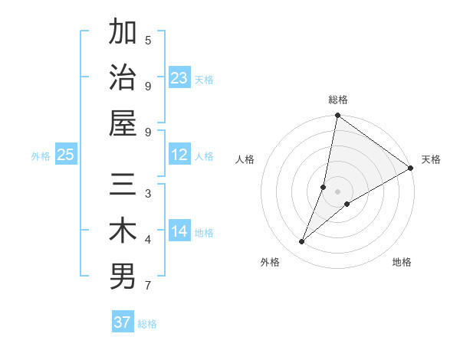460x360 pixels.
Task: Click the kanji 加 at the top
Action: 123,33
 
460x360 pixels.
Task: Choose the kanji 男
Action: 123,276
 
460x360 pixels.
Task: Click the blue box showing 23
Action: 179,78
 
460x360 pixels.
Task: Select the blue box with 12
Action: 179,155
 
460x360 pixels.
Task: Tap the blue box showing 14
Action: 179,232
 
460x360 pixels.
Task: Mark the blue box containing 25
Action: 66,155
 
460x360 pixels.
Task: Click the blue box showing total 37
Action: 123,322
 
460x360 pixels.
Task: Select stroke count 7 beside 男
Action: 148,286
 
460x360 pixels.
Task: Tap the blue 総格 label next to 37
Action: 147,324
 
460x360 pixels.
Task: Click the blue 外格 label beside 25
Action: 41,156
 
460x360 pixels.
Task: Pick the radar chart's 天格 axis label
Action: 431,159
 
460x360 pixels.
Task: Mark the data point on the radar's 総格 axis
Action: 337,116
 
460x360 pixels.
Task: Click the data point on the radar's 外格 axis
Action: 302,242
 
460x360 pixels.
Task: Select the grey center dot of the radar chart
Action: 338,191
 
